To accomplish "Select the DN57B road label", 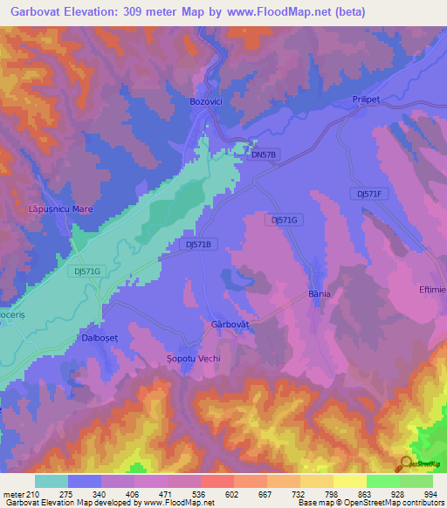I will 263,154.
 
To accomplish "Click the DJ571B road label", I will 199,244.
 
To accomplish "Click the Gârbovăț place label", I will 230,324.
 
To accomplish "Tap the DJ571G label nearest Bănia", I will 284,220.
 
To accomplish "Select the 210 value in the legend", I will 34,494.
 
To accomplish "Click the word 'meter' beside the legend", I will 12,494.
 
